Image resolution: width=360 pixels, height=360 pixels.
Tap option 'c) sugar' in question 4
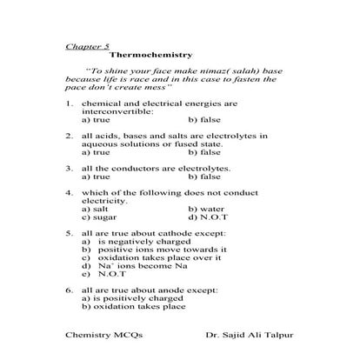[98, 217]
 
